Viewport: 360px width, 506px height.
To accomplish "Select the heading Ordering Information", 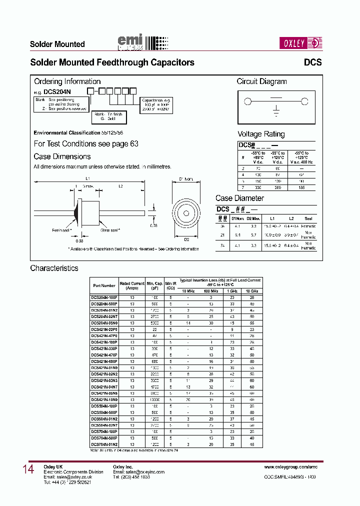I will (67, 81).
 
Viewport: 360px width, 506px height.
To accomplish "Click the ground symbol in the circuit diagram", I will (275, 110).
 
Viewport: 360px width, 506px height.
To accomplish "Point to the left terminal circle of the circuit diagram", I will (247, 102).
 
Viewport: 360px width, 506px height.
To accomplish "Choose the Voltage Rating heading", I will (260, 134).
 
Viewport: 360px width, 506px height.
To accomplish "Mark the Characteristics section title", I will (54, 268).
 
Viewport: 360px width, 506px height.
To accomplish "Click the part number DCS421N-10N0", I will (104, 399).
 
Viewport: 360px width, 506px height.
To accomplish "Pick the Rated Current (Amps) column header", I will (132, 285).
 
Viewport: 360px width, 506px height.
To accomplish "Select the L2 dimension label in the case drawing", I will (120, 186).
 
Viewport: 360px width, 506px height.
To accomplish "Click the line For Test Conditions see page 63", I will (86, 144).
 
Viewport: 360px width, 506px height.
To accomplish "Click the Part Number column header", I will (104, 285).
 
